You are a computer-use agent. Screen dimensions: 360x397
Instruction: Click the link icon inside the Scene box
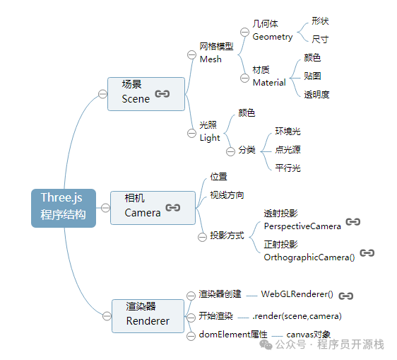point(162,93)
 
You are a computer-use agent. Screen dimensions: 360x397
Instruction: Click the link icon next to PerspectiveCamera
point(353,222)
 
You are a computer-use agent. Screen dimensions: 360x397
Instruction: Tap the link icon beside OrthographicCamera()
point(367,253)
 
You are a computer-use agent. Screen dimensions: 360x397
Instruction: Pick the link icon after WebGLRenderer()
point(345,296)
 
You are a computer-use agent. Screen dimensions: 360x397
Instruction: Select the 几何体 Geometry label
point(272,30)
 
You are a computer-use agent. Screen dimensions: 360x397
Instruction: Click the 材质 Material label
point(268,76)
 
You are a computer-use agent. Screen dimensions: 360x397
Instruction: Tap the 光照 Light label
point(210,132)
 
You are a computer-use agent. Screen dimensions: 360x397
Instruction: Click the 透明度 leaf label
point(316,94)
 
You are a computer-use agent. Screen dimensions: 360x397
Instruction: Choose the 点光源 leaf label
point(288,149)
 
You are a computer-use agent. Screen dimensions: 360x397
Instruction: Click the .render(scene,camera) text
point(297,315)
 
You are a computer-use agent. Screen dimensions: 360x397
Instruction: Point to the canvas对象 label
point(308,334)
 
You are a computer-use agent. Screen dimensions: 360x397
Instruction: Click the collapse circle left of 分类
point(230,151)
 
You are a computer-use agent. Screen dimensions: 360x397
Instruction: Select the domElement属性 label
point(232,334)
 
